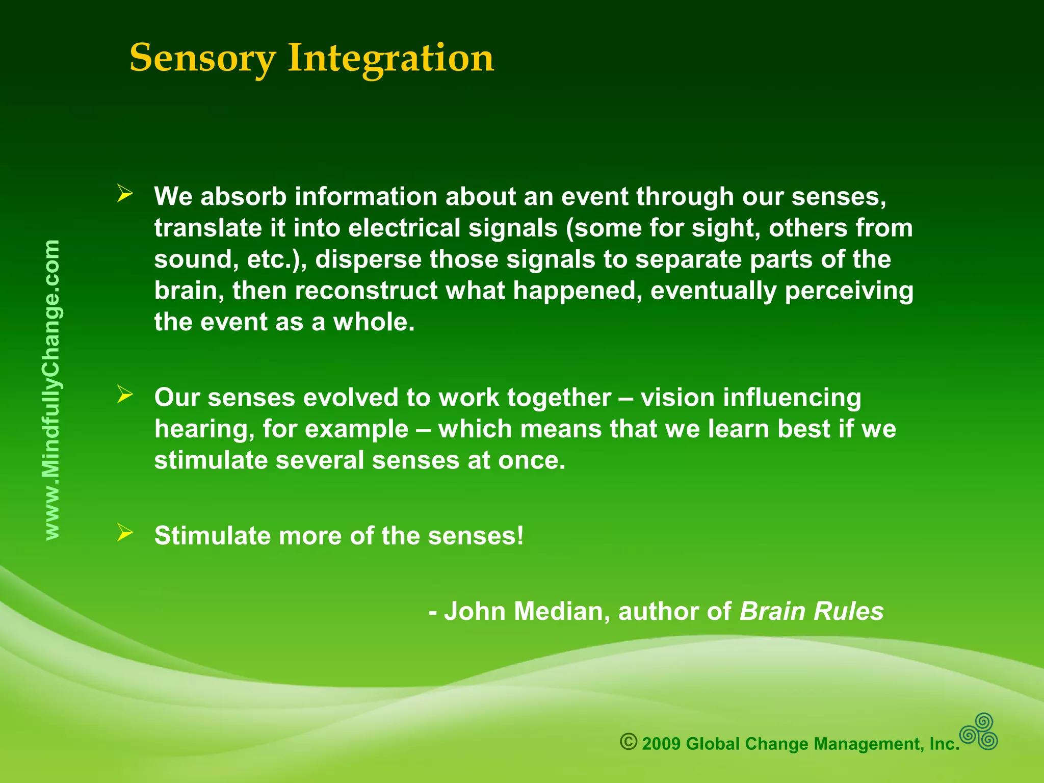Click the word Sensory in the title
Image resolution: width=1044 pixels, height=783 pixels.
pos(202,58)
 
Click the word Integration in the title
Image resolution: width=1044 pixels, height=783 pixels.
pos(390,58)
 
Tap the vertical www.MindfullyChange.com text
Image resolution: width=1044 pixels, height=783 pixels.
pos(52,390)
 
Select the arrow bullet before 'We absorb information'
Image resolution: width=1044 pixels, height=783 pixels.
pos(124,194)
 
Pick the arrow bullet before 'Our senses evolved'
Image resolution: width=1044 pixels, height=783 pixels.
pos(124,395)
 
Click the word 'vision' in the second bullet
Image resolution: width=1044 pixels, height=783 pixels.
pos(677,398)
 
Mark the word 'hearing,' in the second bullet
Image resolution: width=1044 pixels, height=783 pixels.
pos(204,429)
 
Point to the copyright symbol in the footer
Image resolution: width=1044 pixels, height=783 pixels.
pos(629,742)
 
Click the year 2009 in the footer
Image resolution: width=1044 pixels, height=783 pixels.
pos(661,744)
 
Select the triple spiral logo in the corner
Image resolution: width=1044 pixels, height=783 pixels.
pos(979,732)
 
